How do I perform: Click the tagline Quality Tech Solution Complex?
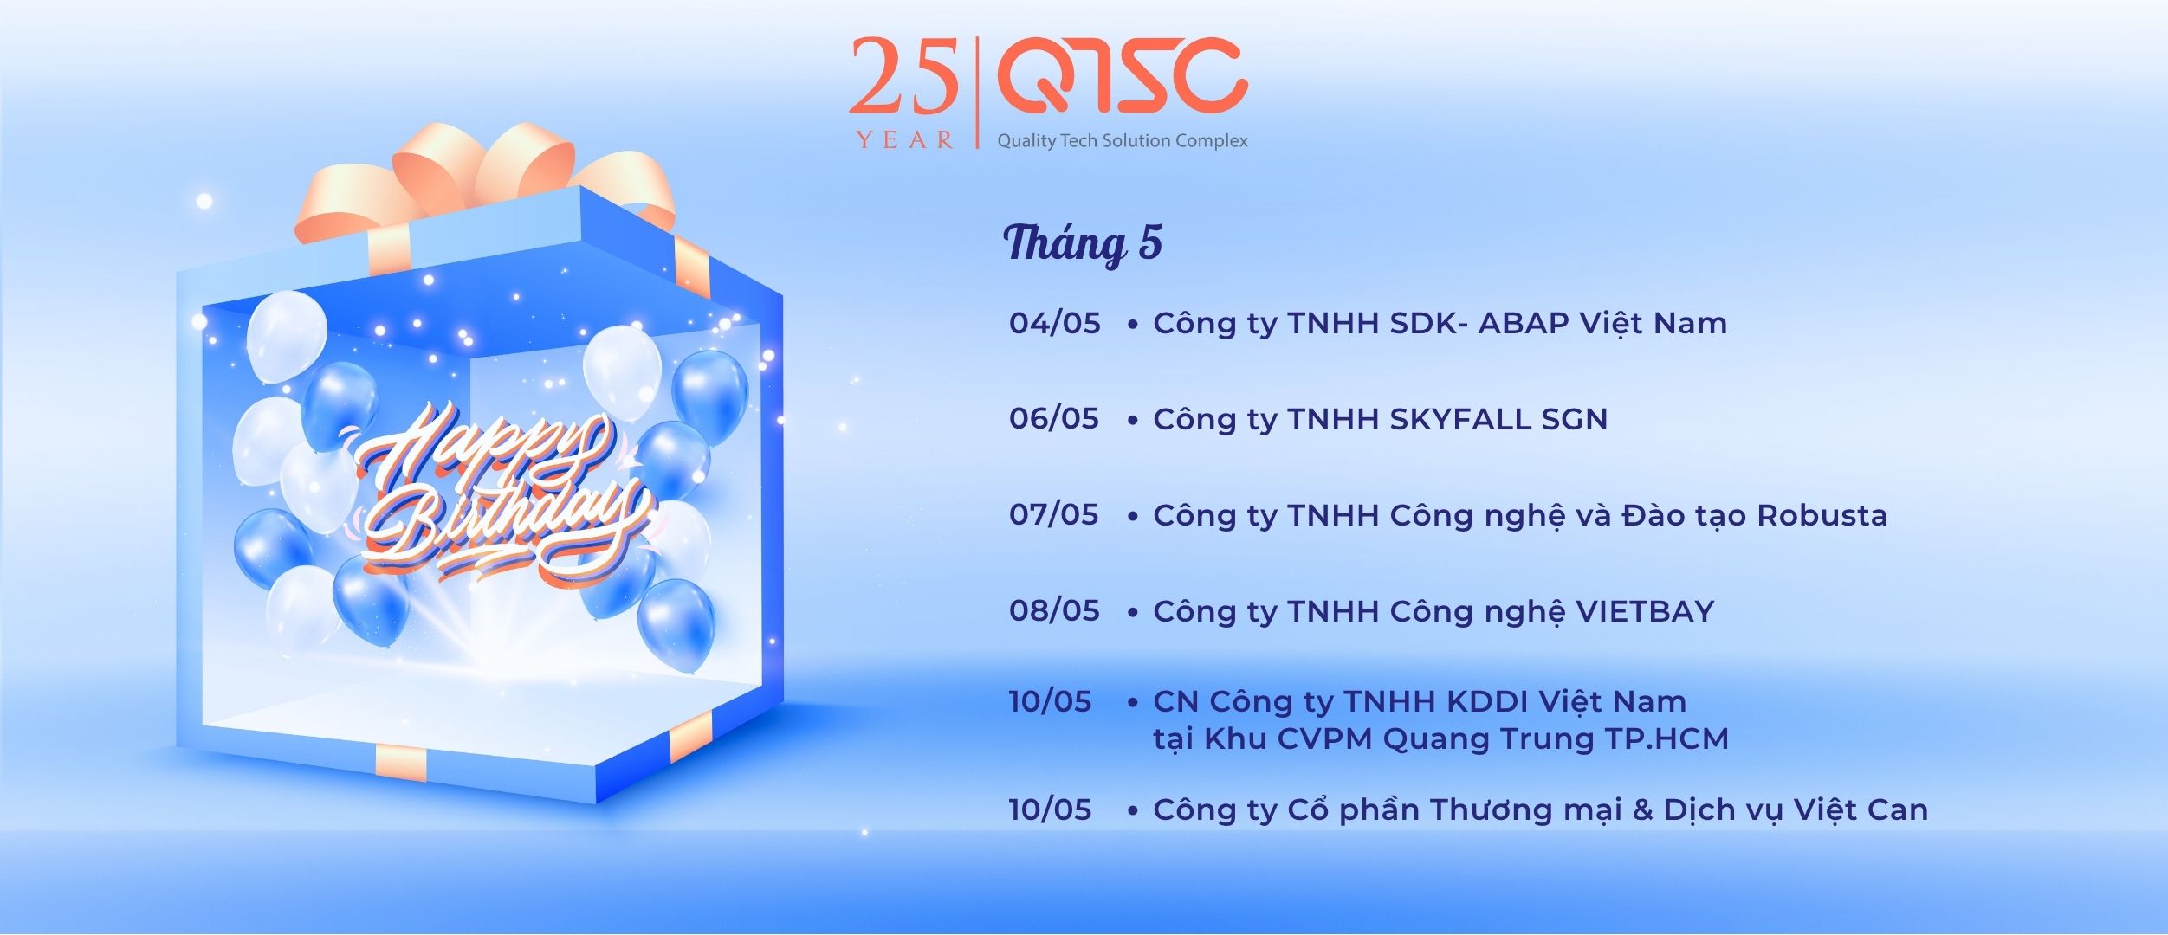(1123, 140)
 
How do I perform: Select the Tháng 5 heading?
(1083, 242)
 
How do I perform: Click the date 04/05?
(1054, 323)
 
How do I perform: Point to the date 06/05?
(1054, 419)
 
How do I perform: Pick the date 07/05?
(1054, 515)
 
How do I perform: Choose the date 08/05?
(1054, 611)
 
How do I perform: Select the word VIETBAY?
(1645, 611)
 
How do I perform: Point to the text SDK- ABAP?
(1479, 323)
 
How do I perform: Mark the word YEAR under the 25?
(905, 140)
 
